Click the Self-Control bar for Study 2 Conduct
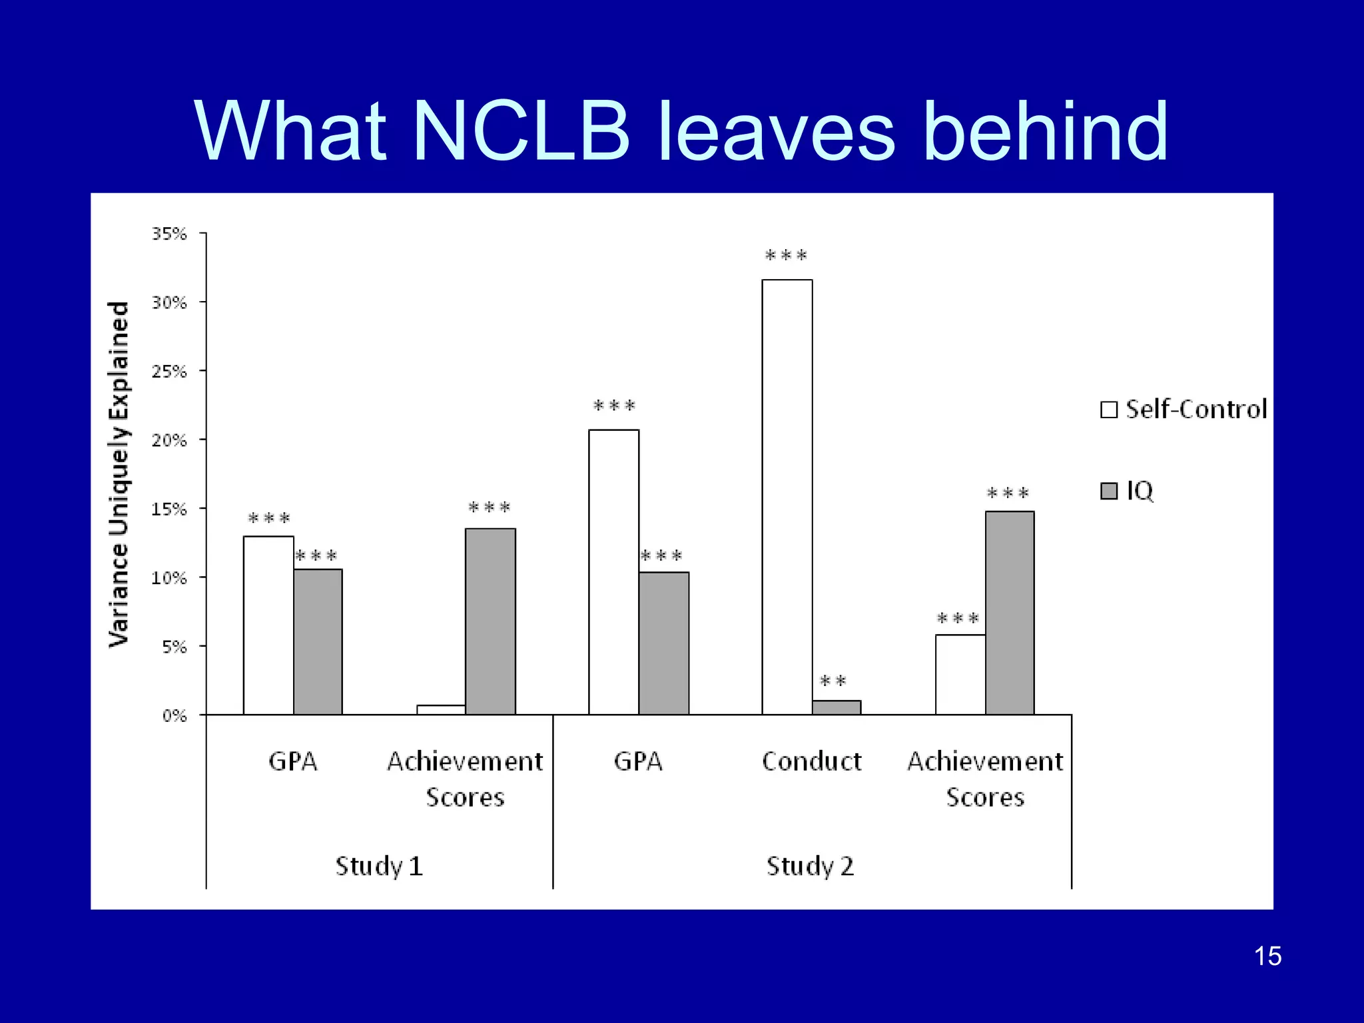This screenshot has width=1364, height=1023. [x=787, y=496]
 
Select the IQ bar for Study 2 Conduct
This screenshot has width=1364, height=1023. [x=837, y=707]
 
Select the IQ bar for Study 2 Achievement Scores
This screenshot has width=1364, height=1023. [x=1010, y=613]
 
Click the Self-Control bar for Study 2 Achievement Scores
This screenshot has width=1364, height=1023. [x=960, y=674]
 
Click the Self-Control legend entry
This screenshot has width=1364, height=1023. [x=1184, y=409]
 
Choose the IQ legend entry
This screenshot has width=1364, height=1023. [x=1127, y=491]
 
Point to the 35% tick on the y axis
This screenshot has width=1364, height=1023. [x=169, y=234]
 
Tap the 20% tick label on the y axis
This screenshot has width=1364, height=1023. [x=169, y=440]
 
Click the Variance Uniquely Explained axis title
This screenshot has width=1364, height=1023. [x=119, y=474]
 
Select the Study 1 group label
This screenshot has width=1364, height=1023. [x=379, y=866]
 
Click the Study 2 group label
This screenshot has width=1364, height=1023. [x=810, y=866]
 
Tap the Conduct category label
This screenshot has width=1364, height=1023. [x=811, y=761]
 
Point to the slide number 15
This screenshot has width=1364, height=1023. [x=1267, y=956]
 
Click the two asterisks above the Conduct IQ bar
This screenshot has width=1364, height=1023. [x=833, y=681]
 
